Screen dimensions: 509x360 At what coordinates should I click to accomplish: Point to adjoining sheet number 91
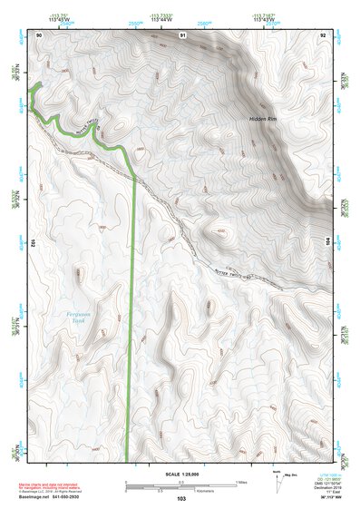[182, 34]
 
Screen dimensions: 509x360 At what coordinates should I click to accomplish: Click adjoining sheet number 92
[323, 34]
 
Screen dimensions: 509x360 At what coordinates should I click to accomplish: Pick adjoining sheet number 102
[32, 243]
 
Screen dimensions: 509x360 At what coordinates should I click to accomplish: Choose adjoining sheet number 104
[329, 243]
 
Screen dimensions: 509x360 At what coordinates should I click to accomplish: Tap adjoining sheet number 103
[181, 499]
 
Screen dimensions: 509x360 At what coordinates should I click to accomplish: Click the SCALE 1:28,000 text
[183, 475]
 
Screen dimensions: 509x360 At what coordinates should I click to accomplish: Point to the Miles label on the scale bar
[240, 481]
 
